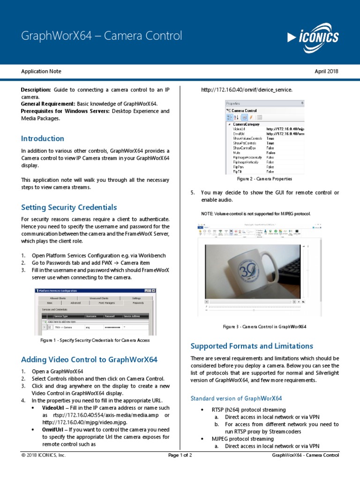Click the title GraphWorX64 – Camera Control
point(102,36)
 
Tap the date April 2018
point(326,71)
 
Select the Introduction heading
point(43,138)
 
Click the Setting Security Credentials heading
point(69,207)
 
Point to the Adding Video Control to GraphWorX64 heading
point(89,360)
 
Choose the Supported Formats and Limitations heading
point(252,346)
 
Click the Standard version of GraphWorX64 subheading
point(236,398)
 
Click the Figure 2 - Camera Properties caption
point(264,179)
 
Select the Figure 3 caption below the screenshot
point(264,326)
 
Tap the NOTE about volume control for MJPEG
point(255,214)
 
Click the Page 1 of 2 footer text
point(180,455)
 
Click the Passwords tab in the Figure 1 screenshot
point(138,303)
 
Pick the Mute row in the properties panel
point(237,152)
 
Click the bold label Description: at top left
point(36,90)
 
